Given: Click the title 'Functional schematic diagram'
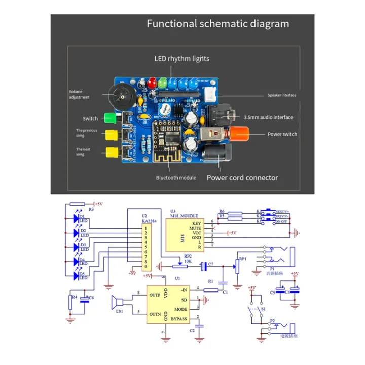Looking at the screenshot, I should [218, 24].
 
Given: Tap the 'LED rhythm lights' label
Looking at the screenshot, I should [181, 59].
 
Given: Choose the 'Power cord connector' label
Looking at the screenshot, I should [242, 178].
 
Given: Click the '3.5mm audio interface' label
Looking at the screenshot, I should [269, 117].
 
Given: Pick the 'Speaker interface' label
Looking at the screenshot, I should [282, 95].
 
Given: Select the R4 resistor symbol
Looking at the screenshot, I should [71, 302].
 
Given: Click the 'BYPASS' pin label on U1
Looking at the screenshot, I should [178, 318].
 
